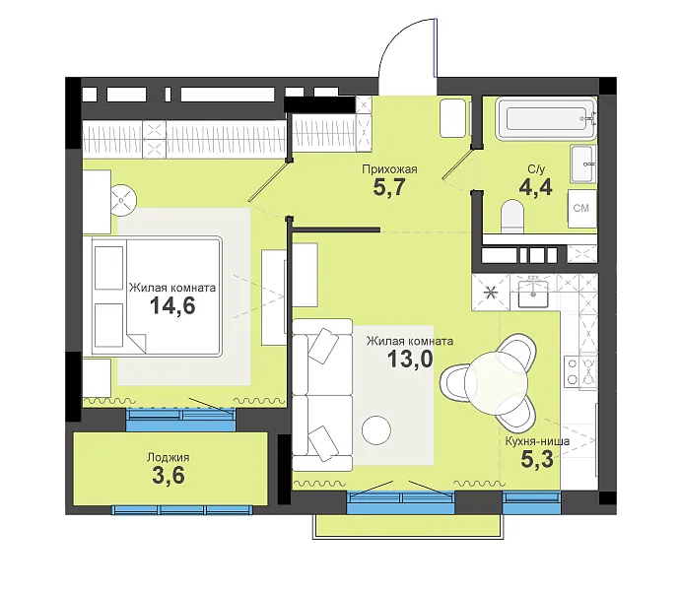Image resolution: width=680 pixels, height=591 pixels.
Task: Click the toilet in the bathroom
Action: click(512, 216)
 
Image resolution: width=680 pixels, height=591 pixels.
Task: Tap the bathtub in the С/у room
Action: click(546, 119)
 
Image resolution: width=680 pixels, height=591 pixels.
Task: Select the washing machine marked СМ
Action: click(582, 208)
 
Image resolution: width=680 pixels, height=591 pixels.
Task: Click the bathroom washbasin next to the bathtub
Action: click(583, 164)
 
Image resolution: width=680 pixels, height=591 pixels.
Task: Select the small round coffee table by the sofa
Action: click(376, 430)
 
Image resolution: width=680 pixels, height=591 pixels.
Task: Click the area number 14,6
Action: click(172, 305)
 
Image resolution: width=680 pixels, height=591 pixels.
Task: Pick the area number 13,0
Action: click(410, 359)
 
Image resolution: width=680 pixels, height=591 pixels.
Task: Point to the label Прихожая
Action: click(389, 169)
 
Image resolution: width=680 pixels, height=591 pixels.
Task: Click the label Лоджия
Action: click(169, 457)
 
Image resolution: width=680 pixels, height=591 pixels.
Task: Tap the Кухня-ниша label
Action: click(537, 441)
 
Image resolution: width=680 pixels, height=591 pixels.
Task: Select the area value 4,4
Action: click(535, 187)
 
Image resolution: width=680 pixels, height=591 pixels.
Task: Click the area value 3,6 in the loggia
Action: click(169, 475)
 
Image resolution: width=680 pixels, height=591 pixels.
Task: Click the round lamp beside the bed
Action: click(123, 199)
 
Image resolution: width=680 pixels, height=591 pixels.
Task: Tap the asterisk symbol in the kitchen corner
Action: click(491, 293)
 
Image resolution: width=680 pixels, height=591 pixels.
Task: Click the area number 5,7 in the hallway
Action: click(389, 187)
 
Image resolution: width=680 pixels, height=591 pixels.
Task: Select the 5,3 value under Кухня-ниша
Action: click(537, 460)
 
